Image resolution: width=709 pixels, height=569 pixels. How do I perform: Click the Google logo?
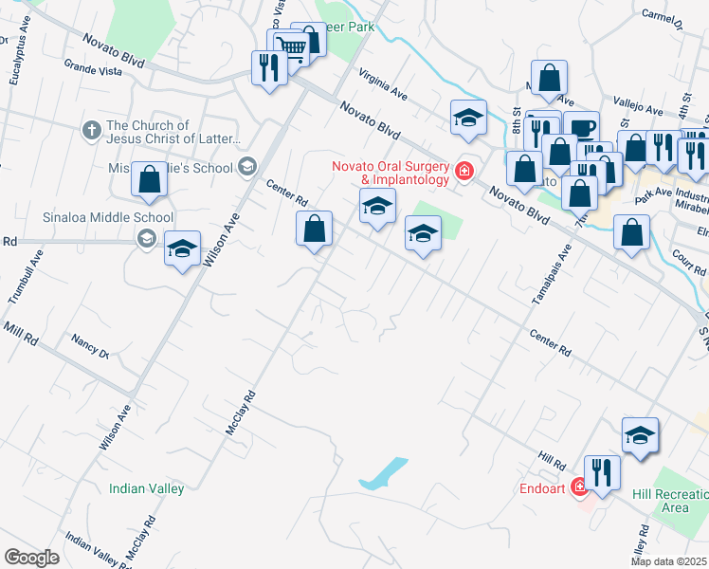pyautogui.click(x=30, y=558)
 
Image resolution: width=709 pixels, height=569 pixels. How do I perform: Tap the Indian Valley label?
pyautogui.click(x=146, y=488)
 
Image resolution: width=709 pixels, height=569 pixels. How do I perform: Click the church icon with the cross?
pyautogui.click(x=91, y=132)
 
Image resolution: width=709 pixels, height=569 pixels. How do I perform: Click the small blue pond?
pyautogui.click(x=384, y=472)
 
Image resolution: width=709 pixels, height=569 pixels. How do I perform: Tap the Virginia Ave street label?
pyautogui.click(x=383, y=83)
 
